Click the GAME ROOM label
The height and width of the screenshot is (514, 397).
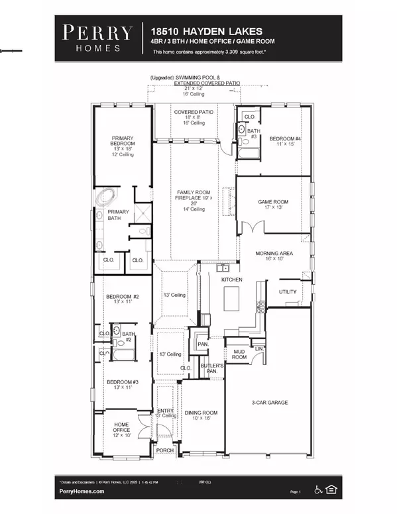(272, 203)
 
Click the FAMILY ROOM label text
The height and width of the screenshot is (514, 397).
(194, 192)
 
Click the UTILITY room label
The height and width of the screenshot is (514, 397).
(288, 291)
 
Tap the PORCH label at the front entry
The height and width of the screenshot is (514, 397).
(164, 450)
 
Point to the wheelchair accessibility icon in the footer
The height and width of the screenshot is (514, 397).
(317, 491)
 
